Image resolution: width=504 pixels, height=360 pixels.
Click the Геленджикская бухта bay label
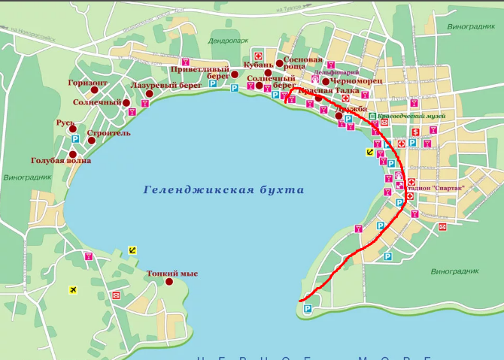(223, 190)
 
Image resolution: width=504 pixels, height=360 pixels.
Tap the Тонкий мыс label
(172, 274)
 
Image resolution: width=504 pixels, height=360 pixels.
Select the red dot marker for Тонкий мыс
(169, 283)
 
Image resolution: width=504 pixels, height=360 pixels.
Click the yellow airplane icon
(73, 289)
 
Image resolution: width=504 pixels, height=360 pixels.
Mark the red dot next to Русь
(73, 129)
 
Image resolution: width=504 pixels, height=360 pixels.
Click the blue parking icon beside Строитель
(75, 140)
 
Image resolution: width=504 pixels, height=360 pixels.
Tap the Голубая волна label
(61, 161)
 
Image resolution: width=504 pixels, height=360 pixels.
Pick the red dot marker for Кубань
(268, 73)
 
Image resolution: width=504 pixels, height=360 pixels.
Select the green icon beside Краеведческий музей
(373, 116)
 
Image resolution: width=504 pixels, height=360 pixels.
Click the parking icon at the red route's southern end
(307, 310)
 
